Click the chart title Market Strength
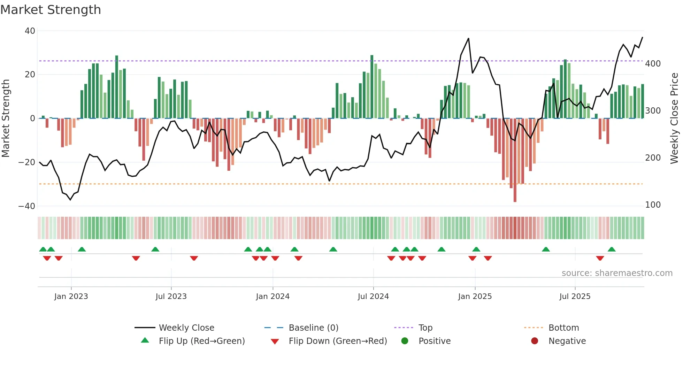click(51, 10)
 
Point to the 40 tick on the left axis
click(30, 31)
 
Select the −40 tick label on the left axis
click(27, 206)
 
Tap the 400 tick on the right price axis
click(653, 64)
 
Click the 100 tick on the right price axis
click(653, 205)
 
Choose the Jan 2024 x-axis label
click(273, 297)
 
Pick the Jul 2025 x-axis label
click(575, 297)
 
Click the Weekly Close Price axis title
click(674, 118)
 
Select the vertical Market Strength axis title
click(6, 118)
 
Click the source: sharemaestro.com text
click(617, 273)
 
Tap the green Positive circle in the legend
click(405, 341)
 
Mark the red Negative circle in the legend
click(535, 341)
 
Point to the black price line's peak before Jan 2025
click(468, 39)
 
